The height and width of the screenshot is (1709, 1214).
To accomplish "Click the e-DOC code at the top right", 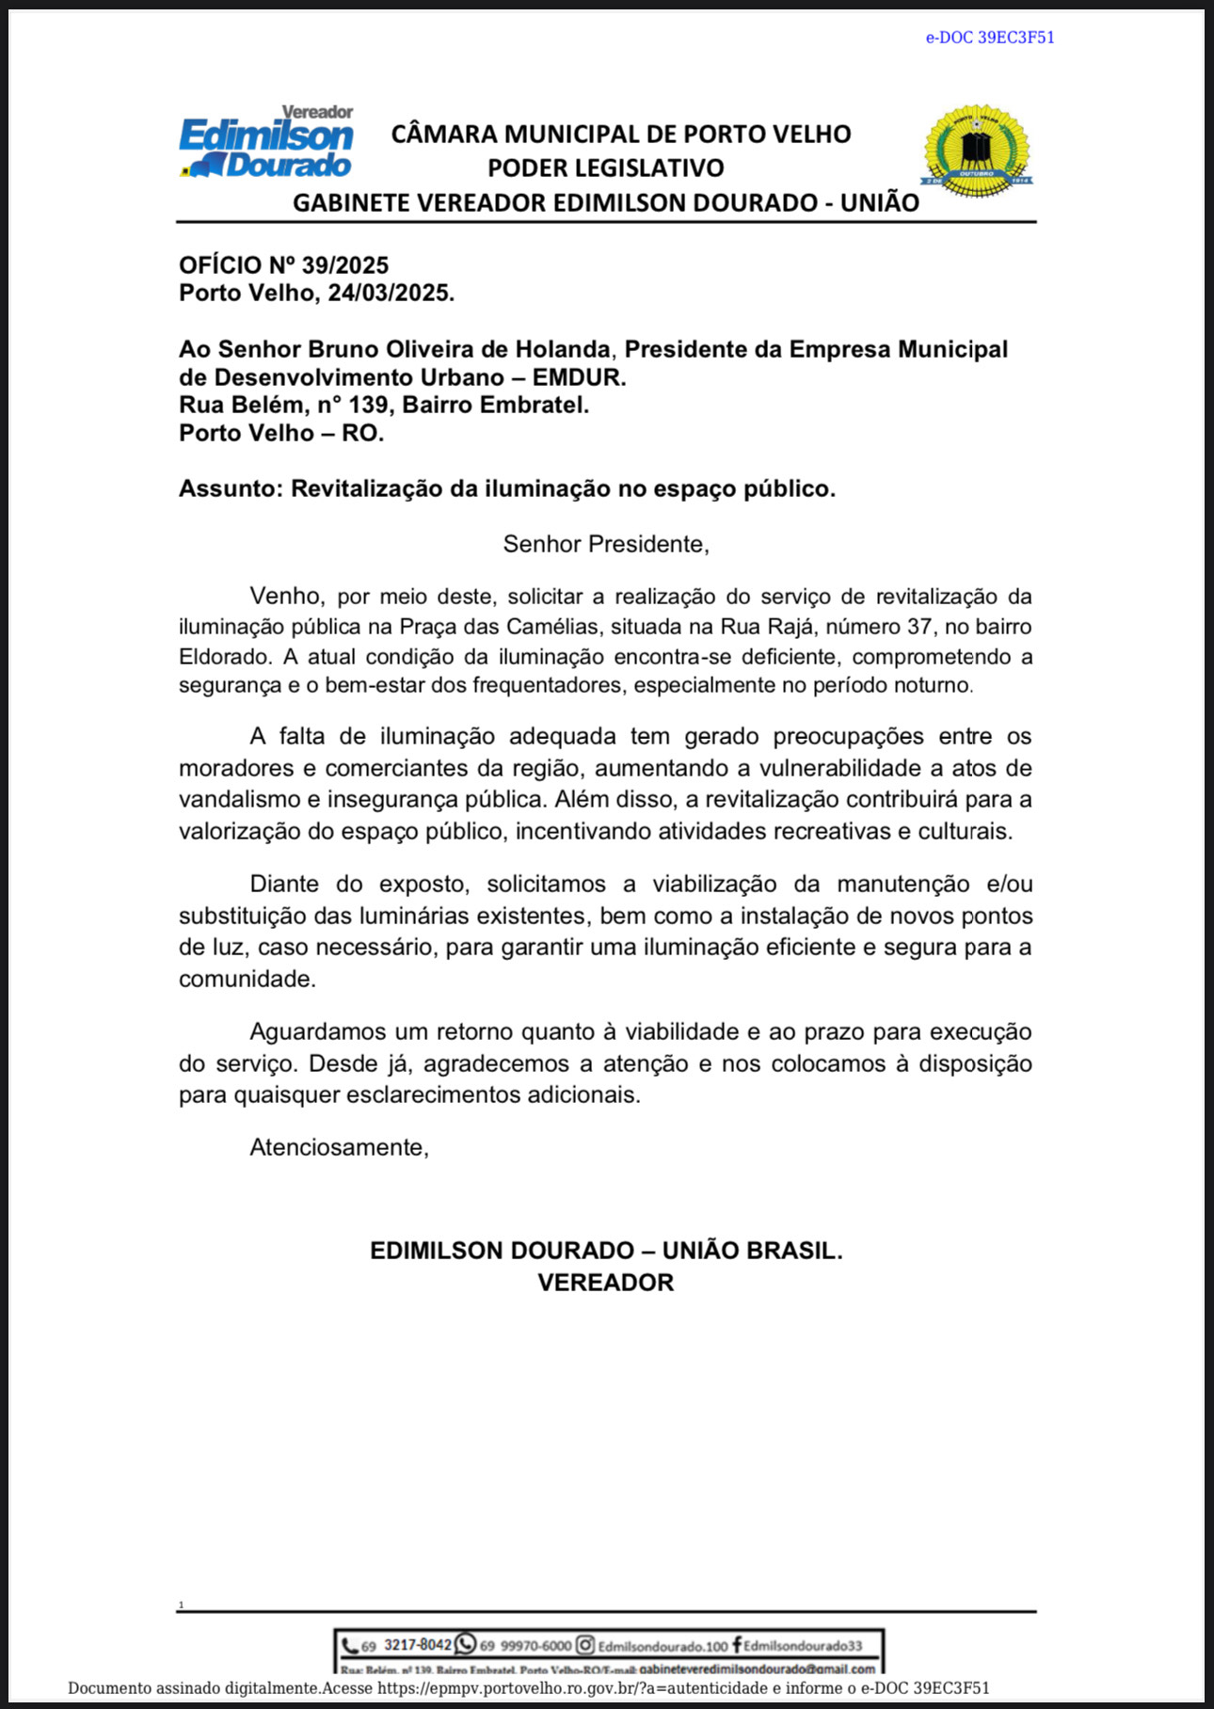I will (990, 38).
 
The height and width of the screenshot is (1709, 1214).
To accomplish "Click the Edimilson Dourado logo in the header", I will (266, 142).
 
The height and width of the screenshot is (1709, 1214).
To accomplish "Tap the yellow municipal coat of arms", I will (976, 150).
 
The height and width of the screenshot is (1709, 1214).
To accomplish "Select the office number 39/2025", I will (345, 265).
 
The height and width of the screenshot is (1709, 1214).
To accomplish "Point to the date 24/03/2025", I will (389, 293).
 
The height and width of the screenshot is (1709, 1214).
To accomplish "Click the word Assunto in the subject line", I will (230, 489).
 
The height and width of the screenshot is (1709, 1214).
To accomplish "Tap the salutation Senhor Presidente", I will (606, 544).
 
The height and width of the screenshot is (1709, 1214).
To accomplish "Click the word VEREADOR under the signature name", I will (606, 1283).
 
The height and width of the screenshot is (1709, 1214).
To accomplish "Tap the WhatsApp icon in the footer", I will (466, 1644).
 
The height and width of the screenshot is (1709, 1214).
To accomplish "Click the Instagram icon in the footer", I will (585, 1645).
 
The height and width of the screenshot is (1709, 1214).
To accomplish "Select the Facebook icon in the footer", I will (736, 1645).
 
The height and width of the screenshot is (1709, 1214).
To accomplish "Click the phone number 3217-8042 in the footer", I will (418, 1645).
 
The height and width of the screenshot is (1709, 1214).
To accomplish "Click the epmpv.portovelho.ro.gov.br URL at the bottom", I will (508, 1688).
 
